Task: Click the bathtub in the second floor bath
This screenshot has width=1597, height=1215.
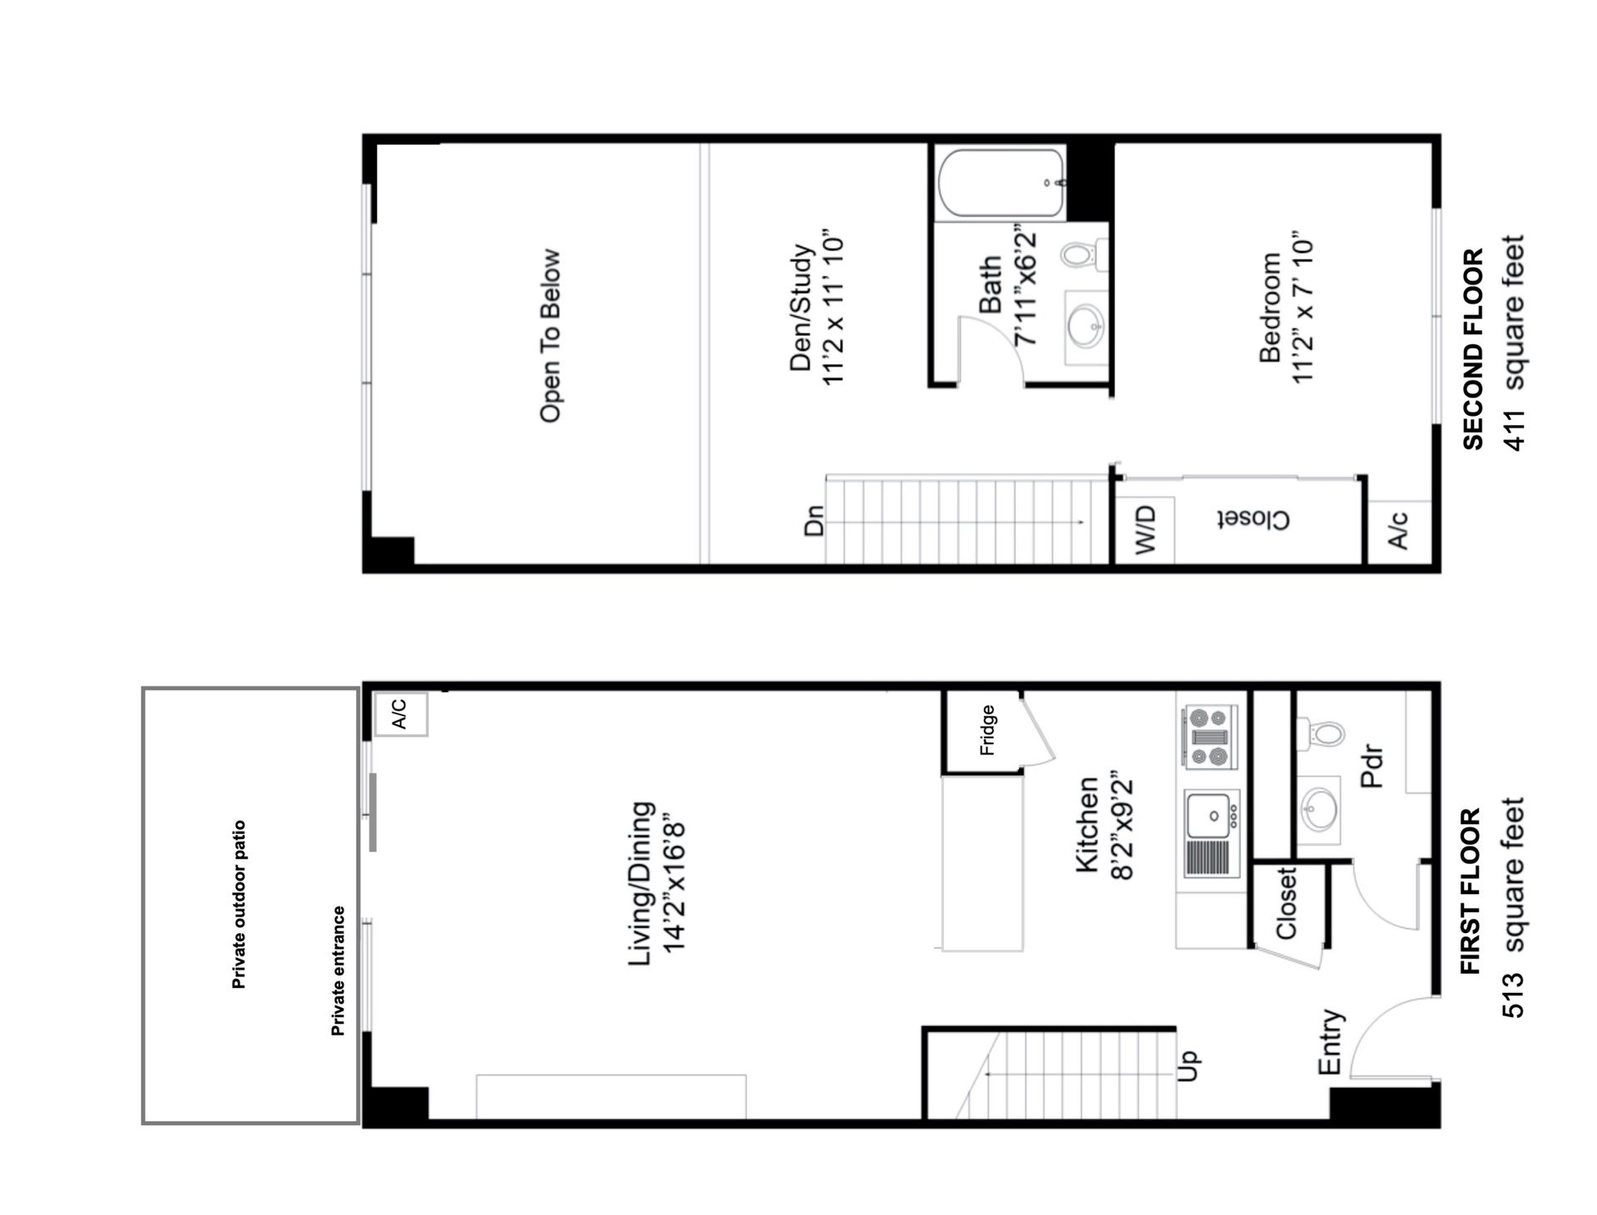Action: [1001, 184]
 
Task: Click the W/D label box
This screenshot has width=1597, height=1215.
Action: [1145, 530]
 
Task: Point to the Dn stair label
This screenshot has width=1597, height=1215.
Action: [813, 521]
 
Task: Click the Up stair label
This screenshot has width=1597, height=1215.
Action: [1189, 1065]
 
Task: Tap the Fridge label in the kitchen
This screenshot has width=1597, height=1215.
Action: [987, 730]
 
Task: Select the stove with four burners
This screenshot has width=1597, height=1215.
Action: [1210, 737]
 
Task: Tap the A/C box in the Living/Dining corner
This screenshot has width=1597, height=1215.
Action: [400, 714]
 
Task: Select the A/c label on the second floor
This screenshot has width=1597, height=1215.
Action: [1399, 530]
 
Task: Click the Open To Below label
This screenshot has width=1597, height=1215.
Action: [550, 336]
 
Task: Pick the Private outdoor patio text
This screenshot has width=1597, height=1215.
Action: [239, 905]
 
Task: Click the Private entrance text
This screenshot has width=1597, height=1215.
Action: [338, 971]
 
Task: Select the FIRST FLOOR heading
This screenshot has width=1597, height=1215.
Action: [1471, 891]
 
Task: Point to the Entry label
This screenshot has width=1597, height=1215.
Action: [1331, 1042]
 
